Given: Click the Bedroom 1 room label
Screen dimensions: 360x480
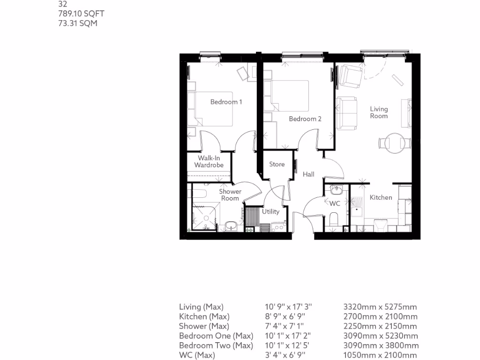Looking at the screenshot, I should click(226, 102).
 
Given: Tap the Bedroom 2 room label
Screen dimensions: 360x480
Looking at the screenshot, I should click(305, 119).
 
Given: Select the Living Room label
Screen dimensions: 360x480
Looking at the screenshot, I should click(379, 112).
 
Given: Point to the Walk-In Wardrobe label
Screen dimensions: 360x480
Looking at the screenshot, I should click(209, 162).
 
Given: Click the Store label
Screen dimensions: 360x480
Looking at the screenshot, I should click(277, 165).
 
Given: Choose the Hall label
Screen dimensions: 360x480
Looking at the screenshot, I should click(308, 174).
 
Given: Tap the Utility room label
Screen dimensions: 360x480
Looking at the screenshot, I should click(270, 211).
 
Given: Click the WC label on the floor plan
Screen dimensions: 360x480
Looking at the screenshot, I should click(335, 204).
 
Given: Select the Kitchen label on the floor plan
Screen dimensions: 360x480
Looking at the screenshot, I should click(381, 198).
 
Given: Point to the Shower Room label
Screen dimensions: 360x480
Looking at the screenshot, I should click(230, 195).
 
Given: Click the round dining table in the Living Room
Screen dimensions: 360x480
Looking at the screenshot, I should click(392, 142).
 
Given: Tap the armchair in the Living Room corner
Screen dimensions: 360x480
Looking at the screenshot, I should click(350, 75).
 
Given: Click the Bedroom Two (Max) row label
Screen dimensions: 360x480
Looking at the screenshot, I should click(216, 345).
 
